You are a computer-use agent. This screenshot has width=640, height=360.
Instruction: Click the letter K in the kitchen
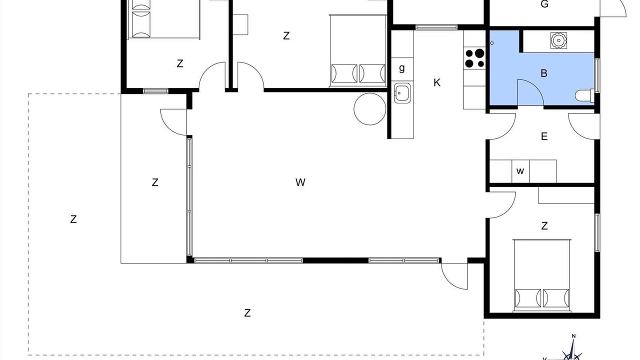pos(437,83)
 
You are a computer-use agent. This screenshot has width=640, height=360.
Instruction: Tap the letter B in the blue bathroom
pos(544,73)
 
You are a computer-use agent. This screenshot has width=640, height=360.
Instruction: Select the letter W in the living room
pos(300,182)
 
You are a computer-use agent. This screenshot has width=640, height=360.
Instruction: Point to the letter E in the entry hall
pos(544,136)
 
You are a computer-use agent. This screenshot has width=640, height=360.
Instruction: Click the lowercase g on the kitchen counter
pos(402,68)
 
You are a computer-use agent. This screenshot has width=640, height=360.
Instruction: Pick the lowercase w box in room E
pos(520,171)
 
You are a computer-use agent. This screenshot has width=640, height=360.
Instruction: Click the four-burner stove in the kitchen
pos(474,58)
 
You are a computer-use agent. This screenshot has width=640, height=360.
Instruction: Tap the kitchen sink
pos(402,93)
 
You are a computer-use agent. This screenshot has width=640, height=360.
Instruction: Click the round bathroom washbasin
pos(558,40)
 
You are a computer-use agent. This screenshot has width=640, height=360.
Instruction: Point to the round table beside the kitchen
pos(370,109)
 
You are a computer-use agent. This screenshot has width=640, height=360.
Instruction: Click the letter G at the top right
pos(544,4)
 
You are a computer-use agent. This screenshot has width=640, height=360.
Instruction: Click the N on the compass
pos(573,336)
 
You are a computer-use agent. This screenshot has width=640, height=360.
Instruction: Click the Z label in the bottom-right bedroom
pos(544,226)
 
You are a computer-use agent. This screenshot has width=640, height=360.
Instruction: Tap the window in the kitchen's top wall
pos(436,27)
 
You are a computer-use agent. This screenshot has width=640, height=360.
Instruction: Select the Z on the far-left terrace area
pos(73,219)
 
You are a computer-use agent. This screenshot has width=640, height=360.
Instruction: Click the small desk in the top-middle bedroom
pos(240,24)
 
